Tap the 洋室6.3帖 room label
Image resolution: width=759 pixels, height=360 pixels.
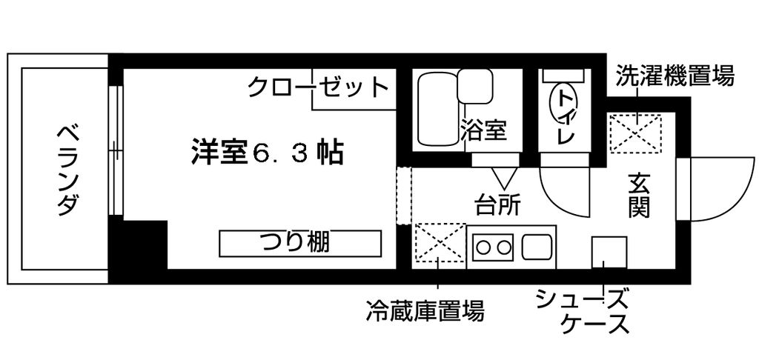[267, 152]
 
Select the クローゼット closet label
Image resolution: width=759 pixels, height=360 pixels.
[319, 87]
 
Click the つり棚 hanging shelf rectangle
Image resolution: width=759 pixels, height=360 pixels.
[300, 244]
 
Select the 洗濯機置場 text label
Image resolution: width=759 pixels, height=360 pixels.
[675, 77]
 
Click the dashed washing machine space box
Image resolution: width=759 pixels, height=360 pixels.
[635, 133]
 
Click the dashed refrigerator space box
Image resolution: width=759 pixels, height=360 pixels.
[440, 242]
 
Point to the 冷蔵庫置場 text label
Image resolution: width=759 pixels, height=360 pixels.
[425, 310]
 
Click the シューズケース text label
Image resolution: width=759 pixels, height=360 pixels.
[583, 310]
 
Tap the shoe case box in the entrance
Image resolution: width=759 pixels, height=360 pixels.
[609, 253]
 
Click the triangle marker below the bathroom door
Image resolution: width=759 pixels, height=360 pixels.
[503, 178]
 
